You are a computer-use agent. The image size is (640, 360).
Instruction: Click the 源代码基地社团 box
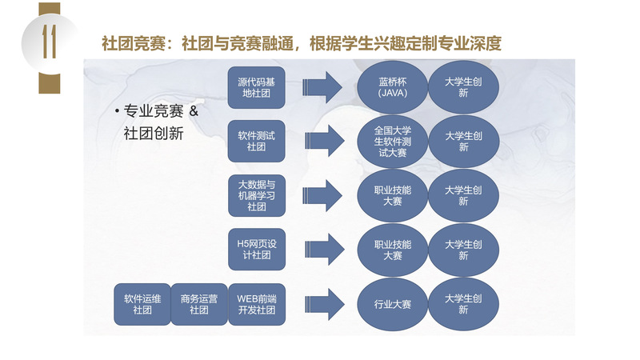[x=256, y=87]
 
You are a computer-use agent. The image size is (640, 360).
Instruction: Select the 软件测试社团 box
[x=256, y=142]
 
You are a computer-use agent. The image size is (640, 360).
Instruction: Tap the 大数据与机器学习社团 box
[x=256, y=195]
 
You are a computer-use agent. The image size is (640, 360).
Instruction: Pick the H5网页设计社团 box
[x=256, y=250]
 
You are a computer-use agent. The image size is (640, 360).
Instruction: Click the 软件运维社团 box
[x=142, y=305]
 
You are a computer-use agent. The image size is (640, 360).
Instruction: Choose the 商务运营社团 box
[x=199, y=305]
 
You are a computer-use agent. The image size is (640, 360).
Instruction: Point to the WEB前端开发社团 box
[x=256, y=305]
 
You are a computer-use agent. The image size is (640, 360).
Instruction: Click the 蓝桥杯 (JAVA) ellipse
[x=392, y=87]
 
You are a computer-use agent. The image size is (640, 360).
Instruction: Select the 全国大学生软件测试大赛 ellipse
[x=392, y=142]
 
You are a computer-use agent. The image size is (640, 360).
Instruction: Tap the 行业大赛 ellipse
[x=392, y=305]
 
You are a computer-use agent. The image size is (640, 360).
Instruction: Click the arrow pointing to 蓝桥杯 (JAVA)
[x=322, y=87]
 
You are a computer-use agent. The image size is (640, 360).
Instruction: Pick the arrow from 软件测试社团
[x=325, y=142]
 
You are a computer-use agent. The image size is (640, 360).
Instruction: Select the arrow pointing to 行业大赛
[x=325, y=305]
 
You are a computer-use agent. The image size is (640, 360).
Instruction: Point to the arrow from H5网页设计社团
[x=325, y=250]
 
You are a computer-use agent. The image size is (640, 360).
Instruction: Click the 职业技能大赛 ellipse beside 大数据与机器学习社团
[x=392, y=196]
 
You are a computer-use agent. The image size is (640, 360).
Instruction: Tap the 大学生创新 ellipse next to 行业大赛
[x=463, y=305]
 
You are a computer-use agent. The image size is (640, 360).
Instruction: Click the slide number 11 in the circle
[x=50, y=42]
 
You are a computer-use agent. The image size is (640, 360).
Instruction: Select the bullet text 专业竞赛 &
[x=161, y=111]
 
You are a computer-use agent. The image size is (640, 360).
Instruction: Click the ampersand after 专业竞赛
[x=194, y=111]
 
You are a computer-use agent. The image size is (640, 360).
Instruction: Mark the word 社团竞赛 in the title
[x=134, y=43]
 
